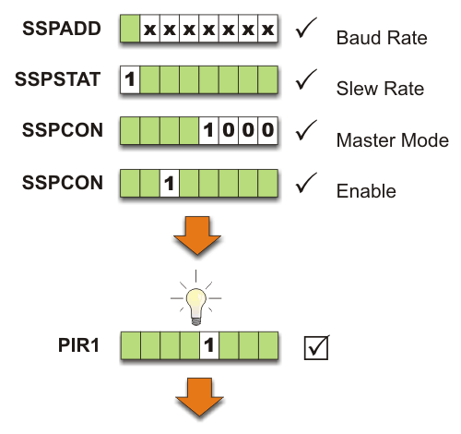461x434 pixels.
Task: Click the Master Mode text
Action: click(392, 140)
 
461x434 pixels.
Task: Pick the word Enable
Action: click(366, 191)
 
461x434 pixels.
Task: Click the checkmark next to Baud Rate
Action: click(307, 30)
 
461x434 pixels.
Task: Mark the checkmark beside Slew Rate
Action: click(307, 81)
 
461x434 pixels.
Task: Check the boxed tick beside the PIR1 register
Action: click(316, 348)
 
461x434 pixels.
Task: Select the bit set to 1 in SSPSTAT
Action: click(130, 81)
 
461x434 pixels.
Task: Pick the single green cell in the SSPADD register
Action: click(130, 30)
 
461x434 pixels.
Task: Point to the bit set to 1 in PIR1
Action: click(209, 347)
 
